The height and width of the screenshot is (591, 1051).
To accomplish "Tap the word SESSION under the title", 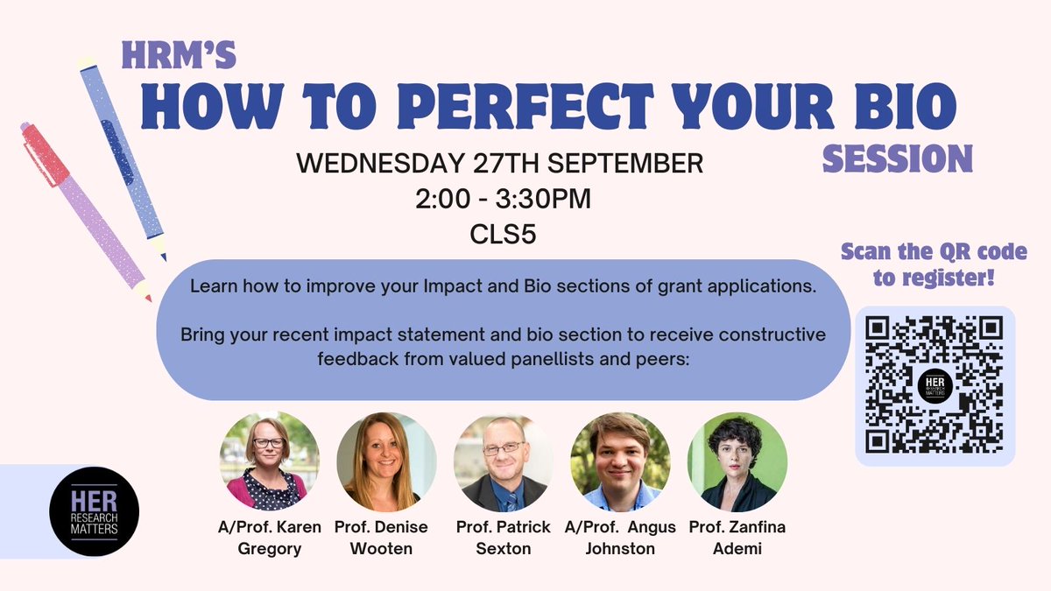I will [x=898, y=158].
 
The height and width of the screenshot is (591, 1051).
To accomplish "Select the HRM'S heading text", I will [x=178, y=55].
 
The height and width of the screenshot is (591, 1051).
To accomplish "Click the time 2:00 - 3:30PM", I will [x=503, y=200].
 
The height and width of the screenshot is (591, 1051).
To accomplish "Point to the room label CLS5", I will [x=503, y=236].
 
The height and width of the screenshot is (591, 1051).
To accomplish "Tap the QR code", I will [x=935, y=384].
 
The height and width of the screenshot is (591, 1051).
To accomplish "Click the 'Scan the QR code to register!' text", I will [x=934, y=265].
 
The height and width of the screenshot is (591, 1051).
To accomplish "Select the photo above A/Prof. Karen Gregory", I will [x=269, y=461].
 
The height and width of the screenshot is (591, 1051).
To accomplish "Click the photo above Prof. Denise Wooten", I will [x=386, y=461].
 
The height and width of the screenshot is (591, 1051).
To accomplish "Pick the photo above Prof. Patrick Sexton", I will [x=503, y=461].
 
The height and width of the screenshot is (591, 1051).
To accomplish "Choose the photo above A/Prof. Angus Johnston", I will [x=620, y=461].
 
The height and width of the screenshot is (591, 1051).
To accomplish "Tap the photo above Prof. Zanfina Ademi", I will [x=737, y=461].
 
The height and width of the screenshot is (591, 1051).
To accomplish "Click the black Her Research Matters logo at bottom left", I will [x=95, y=511].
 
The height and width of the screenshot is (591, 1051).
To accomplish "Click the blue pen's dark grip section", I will [x=117, y=151].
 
